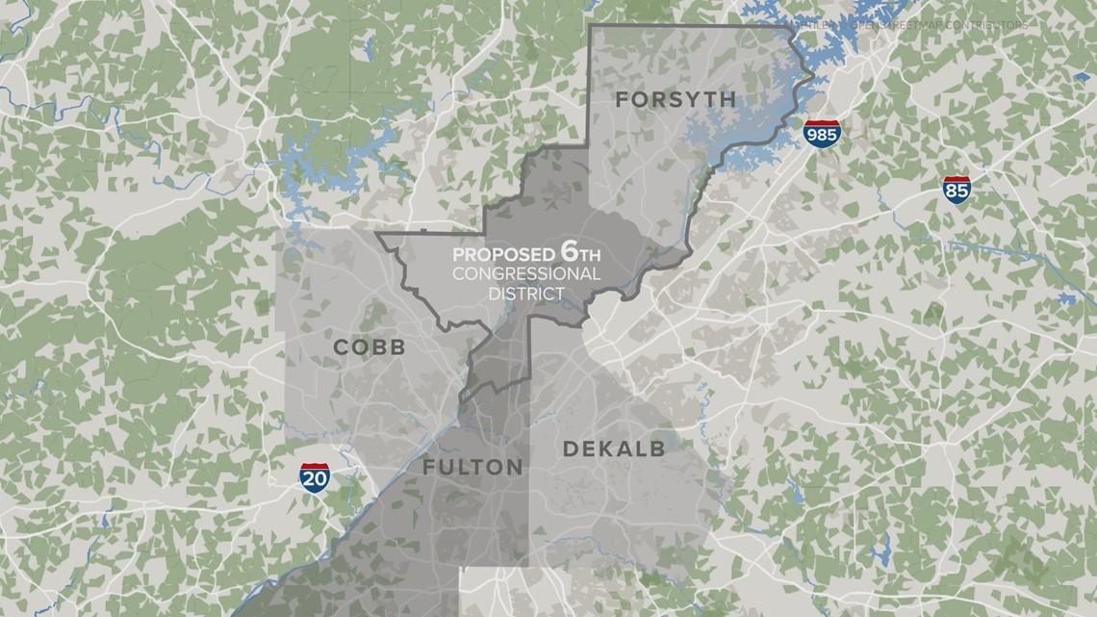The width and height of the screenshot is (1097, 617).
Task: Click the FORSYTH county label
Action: [x=675, y=99]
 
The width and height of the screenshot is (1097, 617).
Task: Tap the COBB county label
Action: [x=370, y=347]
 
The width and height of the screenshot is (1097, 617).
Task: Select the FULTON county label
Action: [x=472, y=468]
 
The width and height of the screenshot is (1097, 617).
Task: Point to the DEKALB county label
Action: [x=614, y=449]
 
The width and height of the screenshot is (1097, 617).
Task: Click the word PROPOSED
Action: [x=503, y=256]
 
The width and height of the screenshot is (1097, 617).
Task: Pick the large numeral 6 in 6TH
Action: [x=569, y=253]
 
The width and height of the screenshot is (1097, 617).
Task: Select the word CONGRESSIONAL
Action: [x=527, y=274]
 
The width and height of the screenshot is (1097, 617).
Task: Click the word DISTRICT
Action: [x=527, y=293]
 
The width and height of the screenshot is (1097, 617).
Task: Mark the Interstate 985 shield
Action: [x=823, y=134]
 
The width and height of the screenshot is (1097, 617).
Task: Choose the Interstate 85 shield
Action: [x=957, y=189]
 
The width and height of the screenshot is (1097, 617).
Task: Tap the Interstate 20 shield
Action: [x=314, y=476]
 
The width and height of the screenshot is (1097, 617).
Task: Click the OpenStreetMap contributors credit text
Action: [x=909, y=22]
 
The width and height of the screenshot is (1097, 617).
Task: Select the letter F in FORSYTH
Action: [x=622, y=99]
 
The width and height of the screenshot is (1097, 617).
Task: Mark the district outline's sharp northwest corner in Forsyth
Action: [x=590, y=25]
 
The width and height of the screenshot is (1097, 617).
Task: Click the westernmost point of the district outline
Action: [x=376, y=234]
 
